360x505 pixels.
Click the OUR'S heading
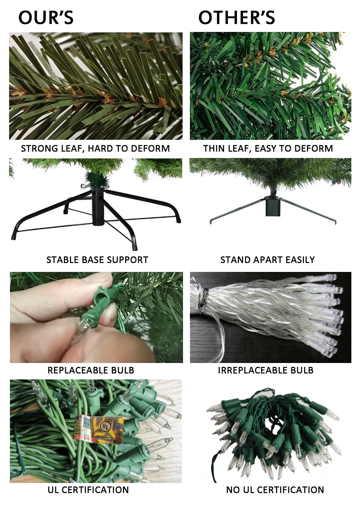46,18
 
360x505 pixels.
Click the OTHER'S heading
237,18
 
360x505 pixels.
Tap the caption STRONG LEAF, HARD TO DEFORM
95,148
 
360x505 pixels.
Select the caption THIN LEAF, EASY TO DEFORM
268,148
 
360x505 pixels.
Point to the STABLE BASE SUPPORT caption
97,260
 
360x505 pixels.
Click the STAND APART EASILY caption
268,260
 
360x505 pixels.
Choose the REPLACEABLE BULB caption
91,370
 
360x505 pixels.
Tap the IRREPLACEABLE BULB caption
265,370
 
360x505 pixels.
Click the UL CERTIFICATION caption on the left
88,490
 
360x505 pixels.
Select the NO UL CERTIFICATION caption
275,490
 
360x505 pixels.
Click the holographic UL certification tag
98,429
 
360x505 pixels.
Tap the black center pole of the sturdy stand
97,207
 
